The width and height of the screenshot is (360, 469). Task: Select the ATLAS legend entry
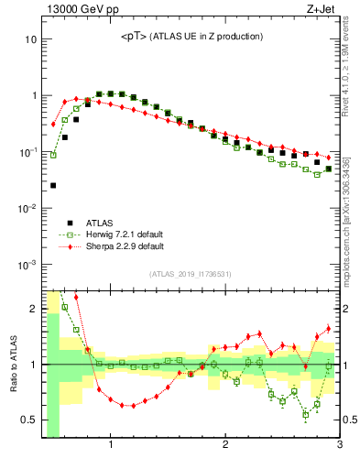(x=101, y=222)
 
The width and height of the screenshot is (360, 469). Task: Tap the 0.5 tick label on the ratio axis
(x=28, y=420)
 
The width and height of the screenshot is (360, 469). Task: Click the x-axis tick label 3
(x=339, y=446)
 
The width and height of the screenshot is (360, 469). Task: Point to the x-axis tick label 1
(x=111, y=446)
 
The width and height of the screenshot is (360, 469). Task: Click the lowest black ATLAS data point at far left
(x=53, y=185)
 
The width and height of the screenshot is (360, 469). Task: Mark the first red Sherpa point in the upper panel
(x=53, y=124)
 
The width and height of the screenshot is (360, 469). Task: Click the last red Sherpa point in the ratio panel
(x=329, y=329)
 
